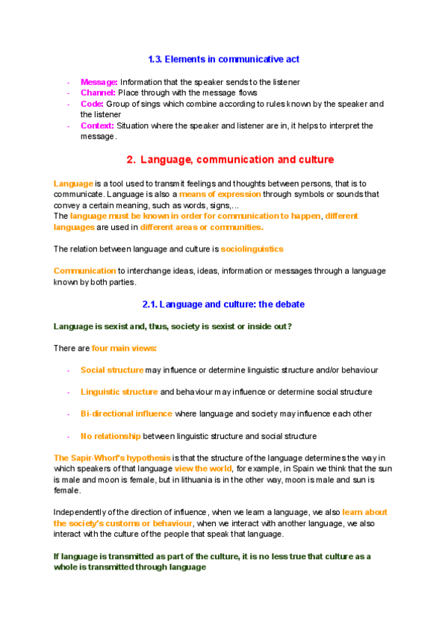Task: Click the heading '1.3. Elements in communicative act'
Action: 224,59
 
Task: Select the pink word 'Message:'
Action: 99,81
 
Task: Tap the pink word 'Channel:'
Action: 98,93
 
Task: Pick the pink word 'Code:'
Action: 92,104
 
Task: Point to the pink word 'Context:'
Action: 98,125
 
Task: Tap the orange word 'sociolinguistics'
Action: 252,249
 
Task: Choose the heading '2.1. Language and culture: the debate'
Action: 223,305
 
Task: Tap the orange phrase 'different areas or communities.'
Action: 202,227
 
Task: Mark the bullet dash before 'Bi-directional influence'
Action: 69,414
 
